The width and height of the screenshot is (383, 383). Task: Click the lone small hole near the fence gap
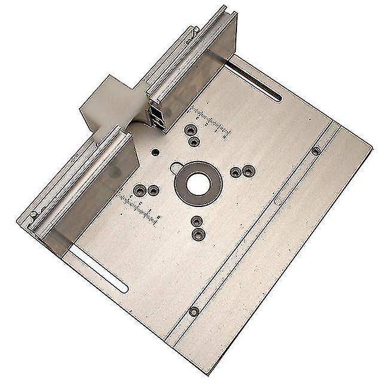[155, 152]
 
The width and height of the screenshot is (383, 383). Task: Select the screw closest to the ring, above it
[194, 142]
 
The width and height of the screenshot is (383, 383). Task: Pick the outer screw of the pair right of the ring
[249, 171]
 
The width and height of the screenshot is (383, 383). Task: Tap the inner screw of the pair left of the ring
[153, 191]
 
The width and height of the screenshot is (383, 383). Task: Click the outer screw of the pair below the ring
[198, 235]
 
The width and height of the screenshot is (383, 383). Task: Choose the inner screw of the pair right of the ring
[236, 172]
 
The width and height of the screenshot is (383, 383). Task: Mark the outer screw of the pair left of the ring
[140, 191]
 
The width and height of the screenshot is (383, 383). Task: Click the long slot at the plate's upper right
[254, 83]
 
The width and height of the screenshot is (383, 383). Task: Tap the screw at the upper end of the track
[316, 151]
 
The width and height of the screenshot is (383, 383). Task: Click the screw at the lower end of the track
[194, 311]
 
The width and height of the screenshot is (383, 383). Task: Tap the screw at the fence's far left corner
[34, 214]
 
